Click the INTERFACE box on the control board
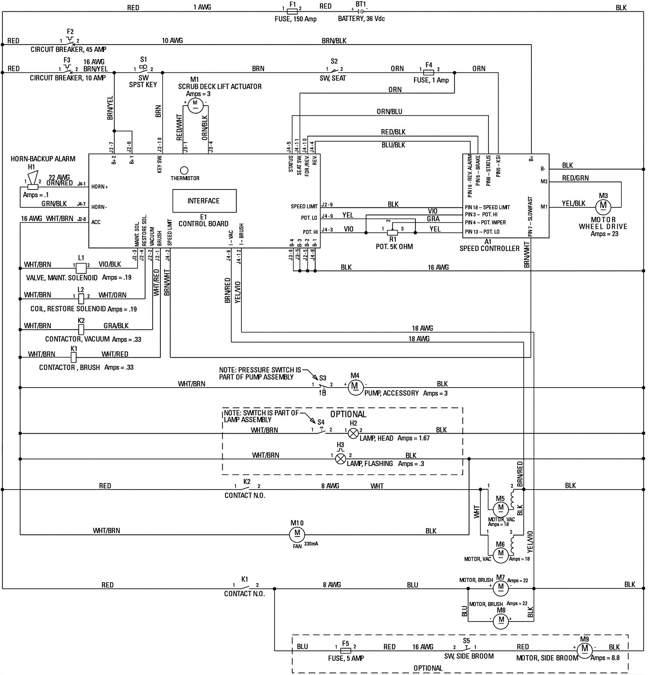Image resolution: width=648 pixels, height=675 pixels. (205, 201)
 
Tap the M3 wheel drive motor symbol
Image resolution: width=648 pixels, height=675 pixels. (603, 206)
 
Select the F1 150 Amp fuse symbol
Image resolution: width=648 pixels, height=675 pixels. (292, 12)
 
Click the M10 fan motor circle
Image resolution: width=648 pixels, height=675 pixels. (297, 534)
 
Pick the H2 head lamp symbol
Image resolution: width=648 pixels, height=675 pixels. (354, 434)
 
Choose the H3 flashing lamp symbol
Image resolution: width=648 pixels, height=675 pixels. (341, 459)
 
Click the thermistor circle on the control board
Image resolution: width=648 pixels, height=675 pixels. (184, 170)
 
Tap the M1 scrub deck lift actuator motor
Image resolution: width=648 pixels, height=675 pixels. (195, 106)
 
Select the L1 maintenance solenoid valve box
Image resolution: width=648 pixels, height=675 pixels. (81, 268)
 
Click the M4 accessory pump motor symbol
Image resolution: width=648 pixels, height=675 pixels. (355, 388)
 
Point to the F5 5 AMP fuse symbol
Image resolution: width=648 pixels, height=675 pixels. (345, 651)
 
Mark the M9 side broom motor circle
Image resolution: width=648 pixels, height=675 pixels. (584, 650)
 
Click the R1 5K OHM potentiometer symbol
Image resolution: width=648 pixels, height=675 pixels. (392, 233)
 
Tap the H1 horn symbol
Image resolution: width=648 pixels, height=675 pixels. (32, 181)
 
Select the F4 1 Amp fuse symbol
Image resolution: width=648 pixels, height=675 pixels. (428, 73)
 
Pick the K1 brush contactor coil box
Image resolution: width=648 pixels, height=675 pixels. (74, 357)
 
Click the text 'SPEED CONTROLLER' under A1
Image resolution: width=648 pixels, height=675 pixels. (489, 249)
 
